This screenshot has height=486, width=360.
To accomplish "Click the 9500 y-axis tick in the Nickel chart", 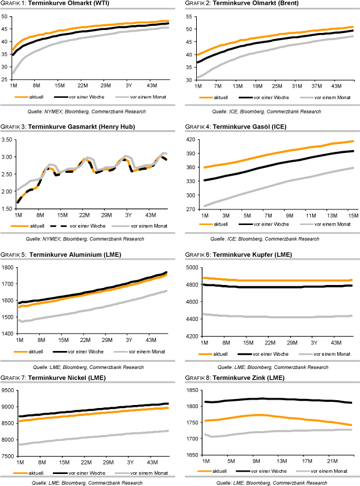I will tap(8, 391).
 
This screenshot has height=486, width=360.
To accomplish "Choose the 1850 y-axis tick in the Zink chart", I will tap(190, 391).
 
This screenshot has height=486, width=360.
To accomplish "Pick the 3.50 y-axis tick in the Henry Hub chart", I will tap(8, 140).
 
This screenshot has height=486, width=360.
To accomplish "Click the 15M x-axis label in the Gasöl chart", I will tap(351, 214).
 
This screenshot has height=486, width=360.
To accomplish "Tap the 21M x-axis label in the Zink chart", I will tap(332, 461).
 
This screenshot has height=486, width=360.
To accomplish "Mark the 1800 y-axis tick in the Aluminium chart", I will tap(8, 268).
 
